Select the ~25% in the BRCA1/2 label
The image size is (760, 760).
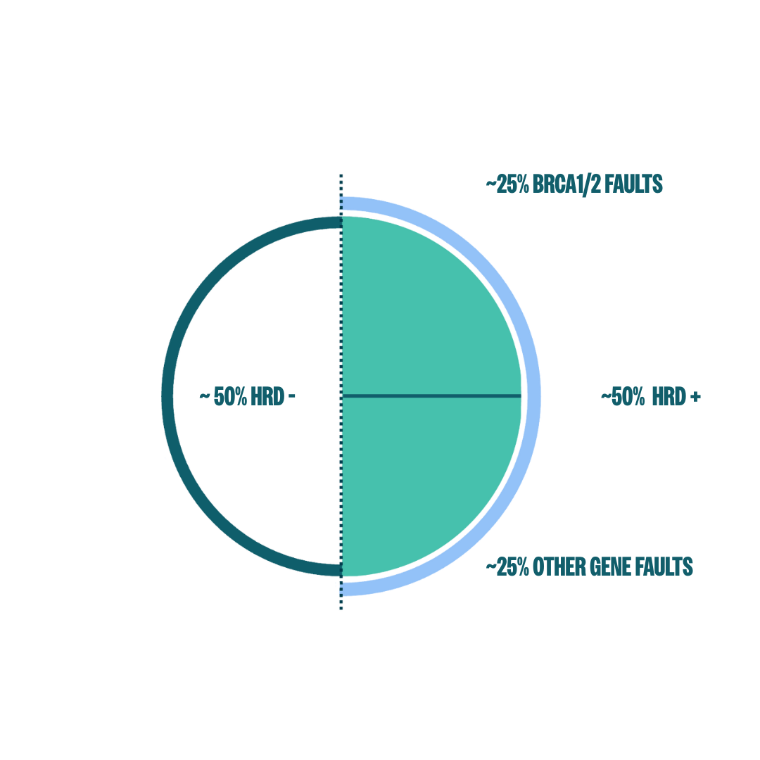pyautogui.click(x=507, y=184)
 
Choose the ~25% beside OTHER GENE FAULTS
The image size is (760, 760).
pyautogui.click(x=507, y=567)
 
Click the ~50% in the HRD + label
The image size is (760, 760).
pyautogui.click(x=623, y=396)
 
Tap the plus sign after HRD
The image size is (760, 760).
pyautogui.click(x=695, y=397)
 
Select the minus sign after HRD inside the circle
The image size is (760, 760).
pyautogui.click(x=292, y=396)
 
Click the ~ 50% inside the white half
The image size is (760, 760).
pyautogui.click(x=224, y=396)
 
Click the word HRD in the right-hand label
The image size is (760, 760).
pyautogui.click(x=669, y=396)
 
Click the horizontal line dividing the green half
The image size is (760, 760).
pyautogui.click(x=431, y=396)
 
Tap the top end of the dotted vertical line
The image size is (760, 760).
pyautogui.click(x=341, y=175)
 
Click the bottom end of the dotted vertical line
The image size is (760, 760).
pyautogui.click(x=341, y=609)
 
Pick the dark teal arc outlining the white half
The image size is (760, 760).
pyautogui.click(x=167, y=396)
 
